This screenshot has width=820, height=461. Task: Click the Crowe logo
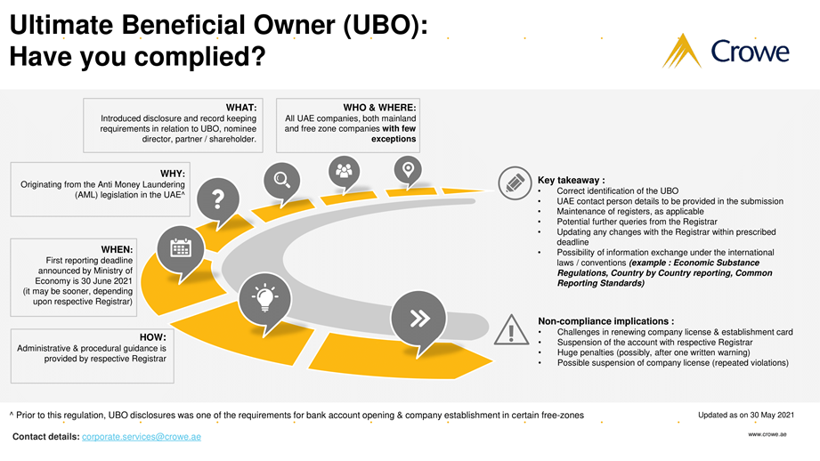725,51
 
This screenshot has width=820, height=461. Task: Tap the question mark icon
218,197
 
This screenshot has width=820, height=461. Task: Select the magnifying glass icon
281,180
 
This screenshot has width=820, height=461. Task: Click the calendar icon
180,247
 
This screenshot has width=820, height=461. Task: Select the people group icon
344,169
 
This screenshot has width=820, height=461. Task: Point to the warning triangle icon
512,330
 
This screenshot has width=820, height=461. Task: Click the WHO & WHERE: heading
379,108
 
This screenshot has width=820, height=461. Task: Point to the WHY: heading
172,174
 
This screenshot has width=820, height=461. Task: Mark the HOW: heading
153,337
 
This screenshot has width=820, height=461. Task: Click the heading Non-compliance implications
605,320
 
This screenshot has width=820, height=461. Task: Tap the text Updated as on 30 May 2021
746,415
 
